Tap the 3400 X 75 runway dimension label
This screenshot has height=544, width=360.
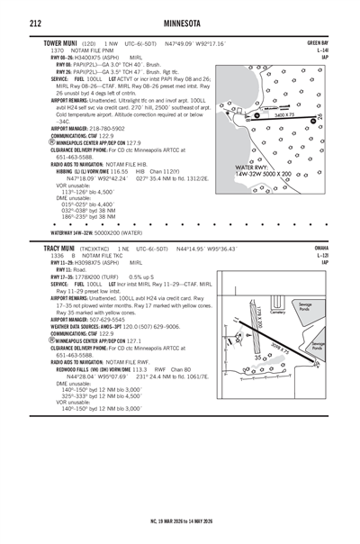point(284,115)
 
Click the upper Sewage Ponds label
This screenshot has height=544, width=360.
point(316,307)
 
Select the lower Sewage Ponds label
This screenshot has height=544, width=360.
point(318,346)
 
